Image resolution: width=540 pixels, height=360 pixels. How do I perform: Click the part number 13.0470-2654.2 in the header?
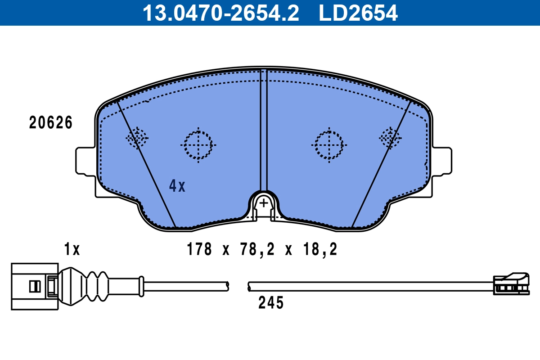(x=221, y=13)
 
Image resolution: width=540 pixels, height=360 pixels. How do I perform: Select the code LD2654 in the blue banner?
(x=358, y=13)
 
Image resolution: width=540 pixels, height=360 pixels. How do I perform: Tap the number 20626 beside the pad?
(x=50, y=122)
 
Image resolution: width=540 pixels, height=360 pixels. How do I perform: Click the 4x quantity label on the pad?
(x=177, y=186)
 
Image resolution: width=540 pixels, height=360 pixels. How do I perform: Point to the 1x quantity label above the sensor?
(x=72, y=249)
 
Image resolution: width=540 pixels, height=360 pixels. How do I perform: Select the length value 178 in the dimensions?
(x=199, y=249)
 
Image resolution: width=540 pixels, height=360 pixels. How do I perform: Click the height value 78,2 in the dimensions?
(x=257, y=250)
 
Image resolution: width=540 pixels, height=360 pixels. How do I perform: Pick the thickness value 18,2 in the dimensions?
(x=320, y=250)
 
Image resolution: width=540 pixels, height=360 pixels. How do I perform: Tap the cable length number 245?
(x=271, y=302)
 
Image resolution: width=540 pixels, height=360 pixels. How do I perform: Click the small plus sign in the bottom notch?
(x=264, y=203)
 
